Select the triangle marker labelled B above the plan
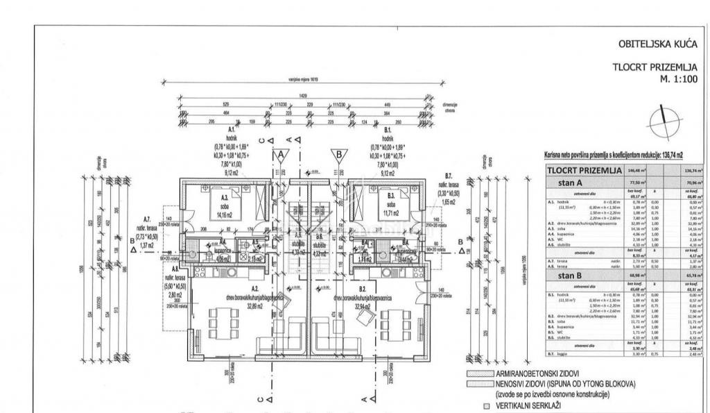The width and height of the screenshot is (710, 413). pos(340,155)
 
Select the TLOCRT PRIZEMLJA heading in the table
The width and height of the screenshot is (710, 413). pos(583,170)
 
